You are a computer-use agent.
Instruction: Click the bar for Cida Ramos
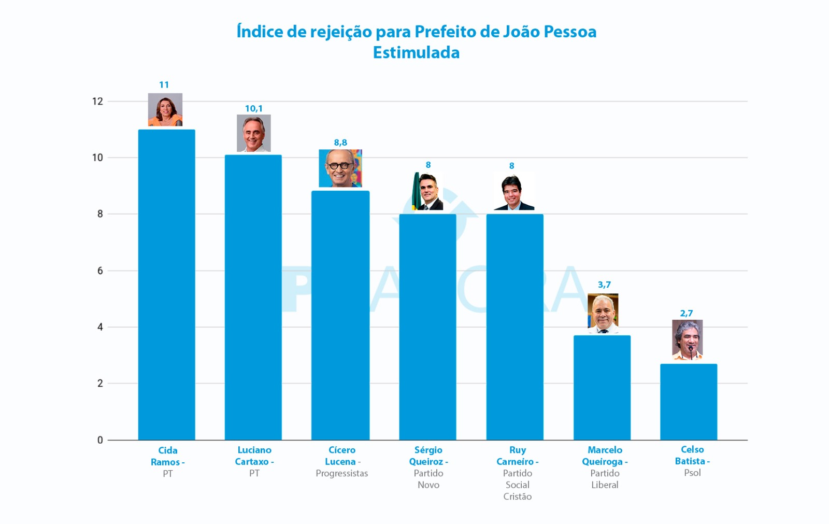tap(166, 285)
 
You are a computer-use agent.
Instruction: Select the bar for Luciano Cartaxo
tap(253, 298)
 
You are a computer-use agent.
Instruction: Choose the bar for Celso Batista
tap(688, 402)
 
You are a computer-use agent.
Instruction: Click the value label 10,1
tap(253, 108)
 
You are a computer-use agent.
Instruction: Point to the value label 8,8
tap(340, 143)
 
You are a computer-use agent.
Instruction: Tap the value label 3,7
tap(604, 285)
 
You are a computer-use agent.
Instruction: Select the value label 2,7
tap(686, 313)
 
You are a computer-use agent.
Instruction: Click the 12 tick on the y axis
tap(97, 101)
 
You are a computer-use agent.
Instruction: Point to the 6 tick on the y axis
tap(100, 271)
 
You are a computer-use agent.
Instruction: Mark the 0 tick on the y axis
tap(100, 440)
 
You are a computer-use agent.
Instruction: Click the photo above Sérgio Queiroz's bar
tap(427, 191)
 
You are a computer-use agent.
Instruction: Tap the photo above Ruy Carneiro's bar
tap(513, 192)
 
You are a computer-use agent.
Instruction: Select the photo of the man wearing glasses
tap(340, 168)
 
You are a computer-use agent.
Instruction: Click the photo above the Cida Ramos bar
tap(165, 110)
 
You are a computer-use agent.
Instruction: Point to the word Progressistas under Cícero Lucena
tap(341, 473)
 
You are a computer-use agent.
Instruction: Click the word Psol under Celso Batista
tap(692, 473)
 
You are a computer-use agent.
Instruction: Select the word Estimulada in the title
tap(416, 52)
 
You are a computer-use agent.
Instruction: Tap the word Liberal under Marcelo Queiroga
tap(605, 485)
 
